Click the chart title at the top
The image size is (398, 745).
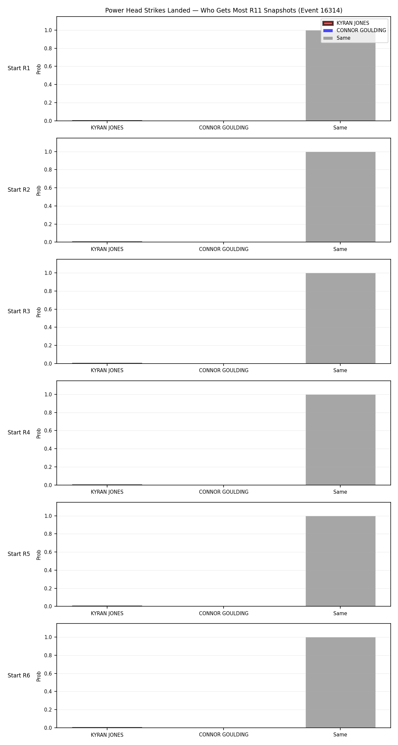(224, 11)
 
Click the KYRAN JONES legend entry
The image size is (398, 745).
(353, 23)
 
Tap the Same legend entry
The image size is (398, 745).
(343, 38)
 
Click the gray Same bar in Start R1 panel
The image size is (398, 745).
(340, 75)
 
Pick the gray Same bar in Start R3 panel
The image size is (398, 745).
(340, 318)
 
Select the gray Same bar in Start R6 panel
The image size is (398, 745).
(340, 682)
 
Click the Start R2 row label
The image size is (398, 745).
(19, 190)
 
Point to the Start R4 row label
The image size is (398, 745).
(19, 432)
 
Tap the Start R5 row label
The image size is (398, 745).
(19, 554)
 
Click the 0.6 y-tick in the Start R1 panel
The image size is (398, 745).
(48, 67)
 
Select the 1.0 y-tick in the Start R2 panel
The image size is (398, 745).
(48, 152)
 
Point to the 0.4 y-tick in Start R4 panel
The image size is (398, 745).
(48, 449)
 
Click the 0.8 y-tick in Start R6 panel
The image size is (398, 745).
(48, 656)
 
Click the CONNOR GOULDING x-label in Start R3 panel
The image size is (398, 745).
(224, 371)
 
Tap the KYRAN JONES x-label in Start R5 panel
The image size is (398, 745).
(107, 614)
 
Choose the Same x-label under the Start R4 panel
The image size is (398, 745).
(340, 492)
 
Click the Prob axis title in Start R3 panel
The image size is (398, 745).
(39, 312)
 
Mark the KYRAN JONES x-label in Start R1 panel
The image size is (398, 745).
(107, 128)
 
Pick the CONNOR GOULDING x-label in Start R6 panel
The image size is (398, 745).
(224, 735)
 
